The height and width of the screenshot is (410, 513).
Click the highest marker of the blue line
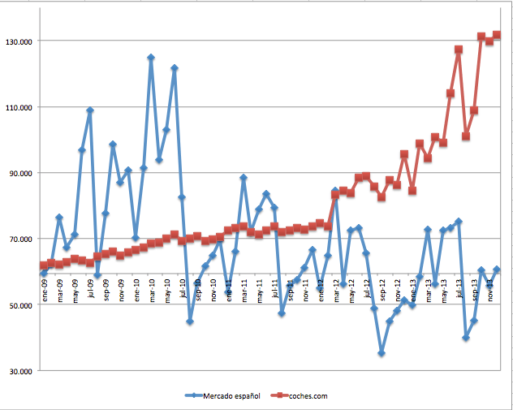point(151,58)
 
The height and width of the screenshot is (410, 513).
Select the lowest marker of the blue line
point(382,353)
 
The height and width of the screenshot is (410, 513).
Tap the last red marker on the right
point(497,35)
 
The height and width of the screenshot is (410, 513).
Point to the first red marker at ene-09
point(44,265)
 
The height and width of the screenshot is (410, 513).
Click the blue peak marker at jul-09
point(90,110)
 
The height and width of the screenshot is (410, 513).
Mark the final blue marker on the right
point(497,270)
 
